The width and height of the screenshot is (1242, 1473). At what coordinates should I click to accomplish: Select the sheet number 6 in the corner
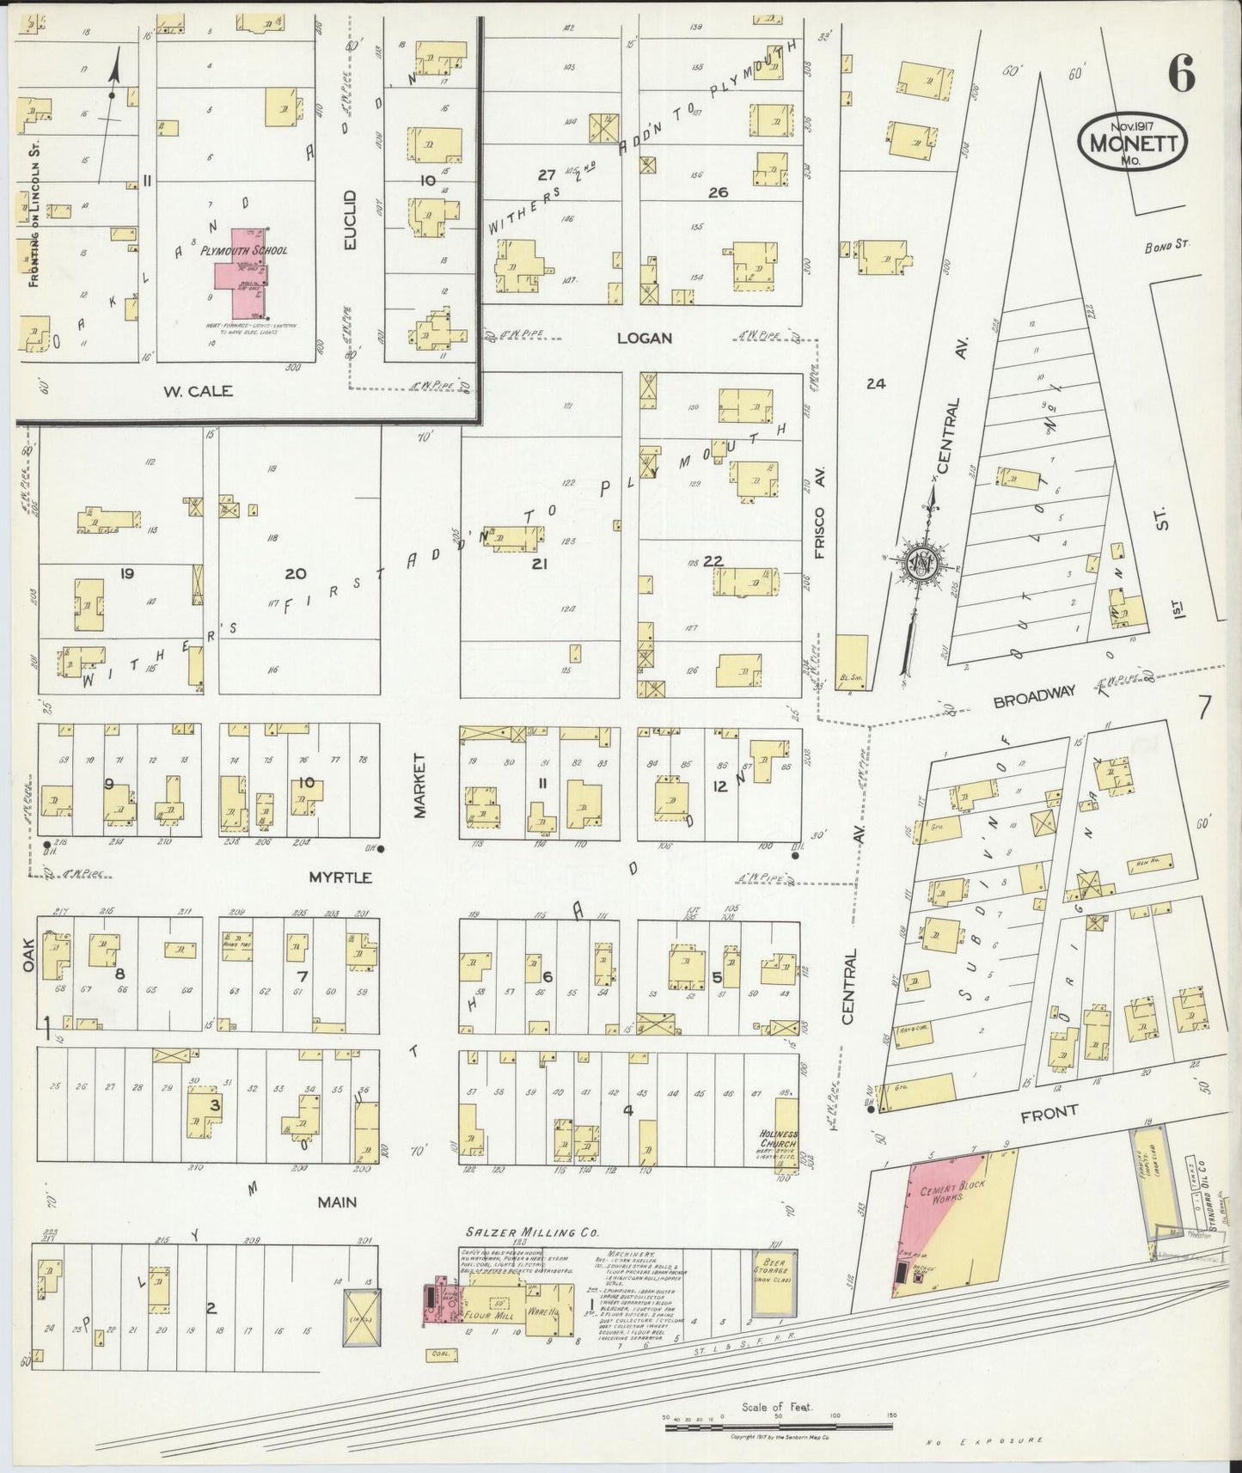1181,76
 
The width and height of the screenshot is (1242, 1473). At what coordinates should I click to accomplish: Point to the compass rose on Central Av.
923,565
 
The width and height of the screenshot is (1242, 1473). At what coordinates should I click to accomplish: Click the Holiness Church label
780,1140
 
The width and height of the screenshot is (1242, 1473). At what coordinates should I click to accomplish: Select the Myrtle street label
340,877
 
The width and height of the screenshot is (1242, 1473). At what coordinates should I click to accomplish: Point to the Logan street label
644,339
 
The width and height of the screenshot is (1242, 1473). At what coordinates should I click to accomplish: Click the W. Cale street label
198,391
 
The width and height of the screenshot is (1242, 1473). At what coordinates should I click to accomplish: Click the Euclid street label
350,221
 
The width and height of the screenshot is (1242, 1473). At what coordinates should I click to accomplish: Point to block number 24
876,384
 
